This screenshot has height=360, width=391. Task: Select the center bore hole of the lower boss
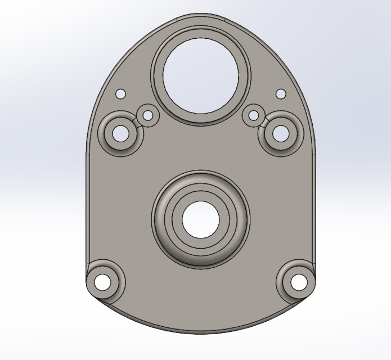(200, 219)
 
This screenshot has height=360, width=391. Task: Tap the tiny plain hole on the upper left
(120, 94)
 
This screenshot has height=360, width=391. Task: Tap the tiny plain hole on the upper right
(281, 94)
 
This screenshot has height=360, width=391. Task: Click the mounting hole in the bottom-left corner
(103, 282)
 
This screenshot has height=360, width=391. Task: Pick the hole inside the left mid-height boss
(120, 134)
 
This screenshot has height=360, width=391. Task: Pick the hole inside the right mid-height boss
(280, 134)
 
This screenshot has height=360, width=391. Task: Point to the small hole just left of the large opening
(149, 115)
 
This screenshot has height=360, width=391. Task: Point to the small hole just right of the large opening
(254, 115)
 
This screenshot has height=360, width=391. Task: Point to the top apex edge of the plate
(200, 15)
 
